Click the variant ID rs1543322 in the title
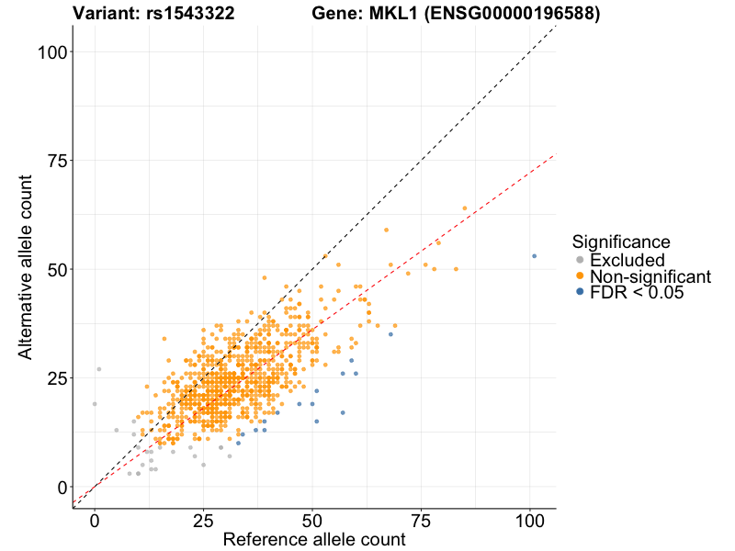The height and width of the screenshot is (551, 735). [189, 14]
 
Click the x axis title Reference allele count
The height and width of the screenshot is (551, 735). [314, 540]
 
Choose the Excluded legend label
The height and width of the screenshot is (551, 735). [627, 260]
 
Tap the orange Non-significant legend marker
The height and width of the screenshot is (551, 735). [580, 275]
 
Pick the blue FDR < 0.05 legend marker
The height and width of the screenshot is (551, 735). [580, 291]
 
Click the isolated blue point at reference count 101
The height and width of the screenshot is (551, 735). [534, 256]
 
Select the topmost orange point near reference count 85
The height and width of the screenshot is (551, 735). [465, 208]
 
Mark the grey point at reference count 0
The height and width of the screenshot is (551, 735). [95, 404]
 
